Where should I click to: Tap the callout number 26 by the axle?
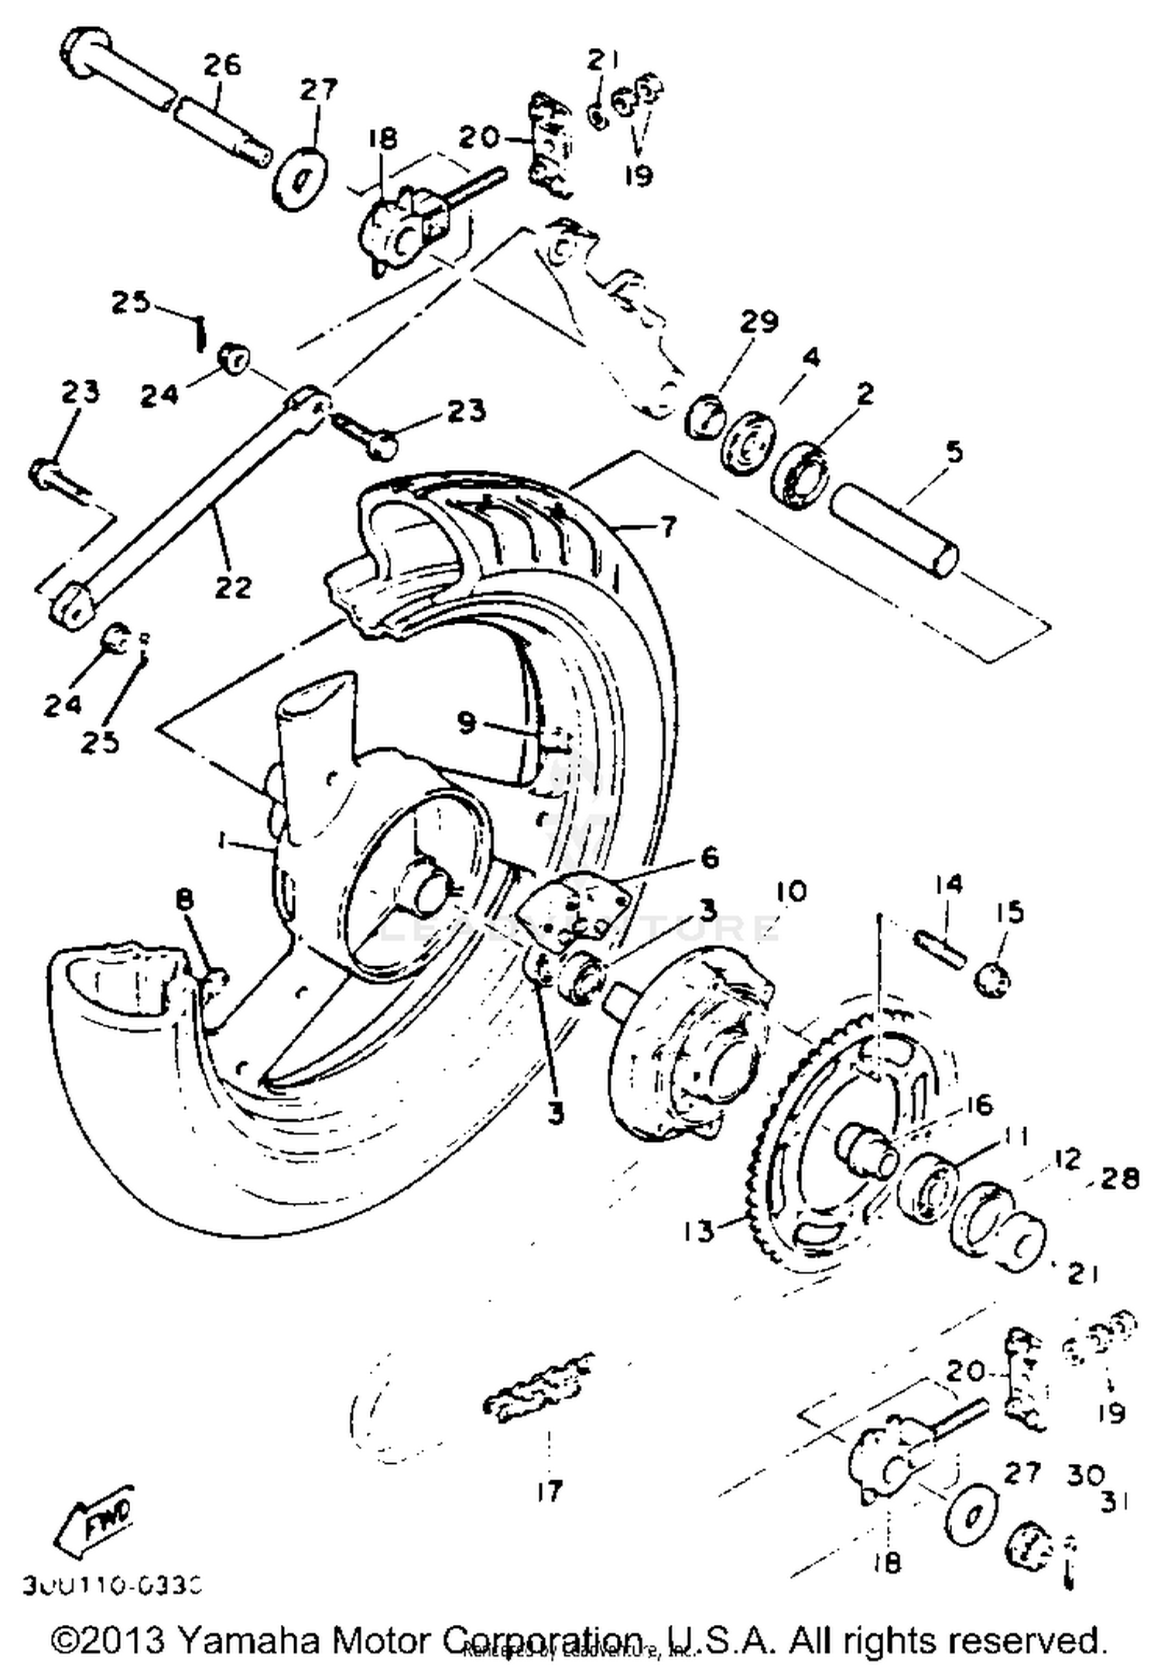[x=222, y=65]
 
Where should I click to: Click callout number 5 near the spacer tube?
[x=954, y=451]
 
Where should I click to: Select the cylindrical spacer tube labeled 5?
[x=894, y=529]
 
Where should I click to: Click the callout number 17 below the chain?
[x=549, y=1490]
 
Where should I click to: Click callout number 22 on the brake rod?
[x=233, y=586]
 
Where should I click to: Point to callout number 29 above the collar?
[x=759, y=320]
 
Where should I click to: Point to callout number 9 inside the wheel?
[x=466, y=723]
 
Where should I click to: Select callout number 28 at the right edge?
[x=1121, y=1179]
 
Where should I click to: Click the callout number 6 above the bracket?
[x=709, y=857]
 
